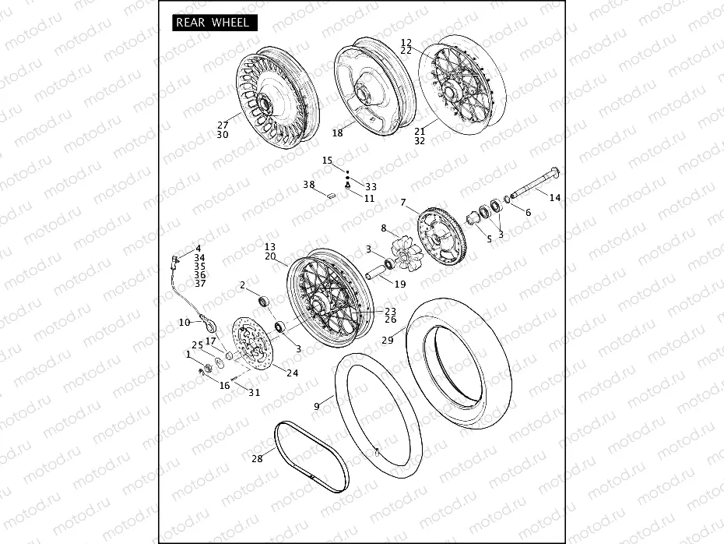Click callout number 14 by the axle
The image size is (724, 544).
click(554, 198)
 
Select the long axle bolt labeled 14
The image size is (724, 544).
click(529, 182)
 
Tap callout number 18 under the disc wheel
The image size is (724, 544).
click(337, 133)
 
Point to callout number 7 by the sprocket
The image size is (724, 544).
click(403, 203)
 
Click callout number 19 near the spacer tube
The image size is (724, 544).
click(399, 284)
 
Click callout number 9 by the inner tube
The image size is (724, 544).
click(317, 406)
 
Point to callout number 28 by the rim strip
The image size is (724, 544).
click(256, 459)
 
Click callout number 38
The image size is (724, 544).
click(309, 185)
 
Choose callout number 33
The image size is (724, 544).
click(371, 187)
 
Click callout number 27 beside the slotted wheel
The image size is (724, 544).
click(223, 125)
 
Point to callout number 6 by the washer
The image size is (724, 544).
click(528, 213)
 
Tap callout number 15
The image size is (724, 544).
click(328, 160)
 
